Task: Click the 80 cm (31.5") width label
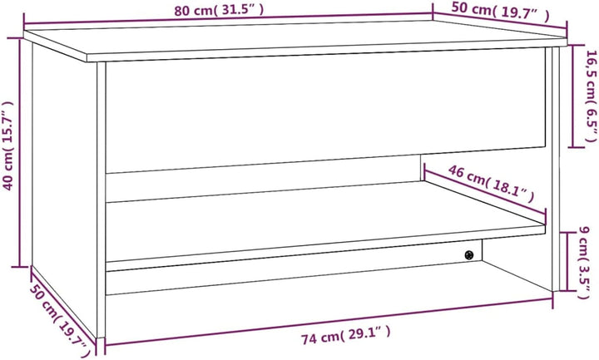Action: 219,10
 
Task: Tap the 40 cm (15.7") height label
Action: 8,145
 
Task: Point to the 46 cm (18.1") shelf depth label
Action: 491,184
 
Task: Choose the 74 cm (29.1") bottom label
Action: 346,335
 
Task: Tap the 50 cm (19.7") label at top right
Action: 501,12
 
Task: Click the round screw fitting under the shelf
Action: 469,255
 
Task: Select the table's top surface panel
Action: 295,40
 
